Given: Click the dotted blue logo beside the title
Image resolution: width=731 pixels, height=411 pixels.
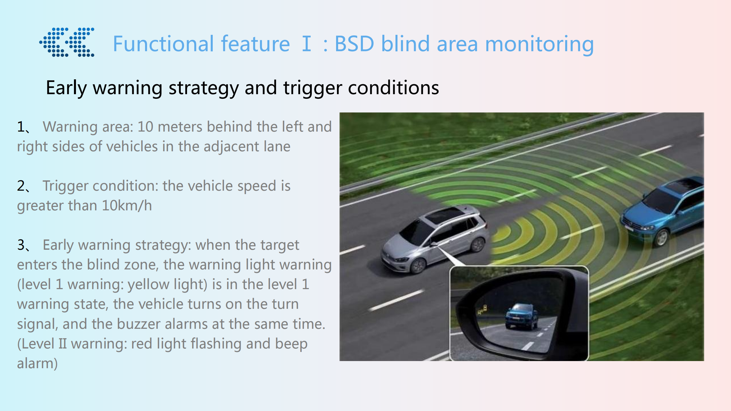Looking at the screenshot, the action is pyautogui.click(x=67, y=42).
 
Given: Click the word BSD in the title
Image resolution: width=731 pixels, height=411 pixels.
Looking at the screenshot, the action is pyautogui.click(x=354, y=44).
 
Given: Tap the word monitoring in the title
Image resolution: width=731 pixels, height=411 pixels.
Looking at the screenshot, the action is pyautogui.click(x=539, y=45).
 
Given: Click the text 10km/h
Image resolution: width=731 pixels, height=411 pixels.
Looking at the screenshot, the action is pyautogui.click(x=127, y=205).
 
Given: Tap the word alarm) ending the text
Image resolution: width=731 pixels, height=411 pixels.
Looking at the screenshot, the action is pyautogui.click(x=37, y=364).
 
